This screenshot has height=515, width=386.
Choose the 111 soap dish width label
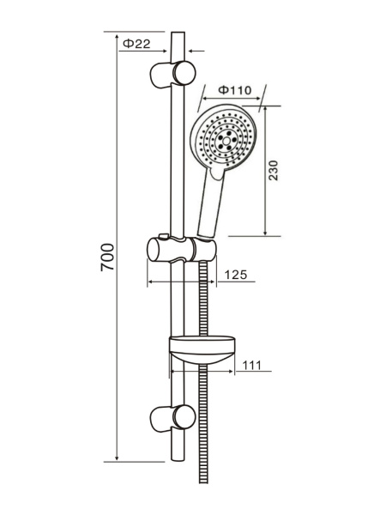tap(250, 365)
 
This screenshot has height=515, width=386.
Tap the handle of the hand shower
tap(211, 202)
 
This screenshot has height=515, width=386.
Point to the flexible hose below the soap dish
tap(203, 429)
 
